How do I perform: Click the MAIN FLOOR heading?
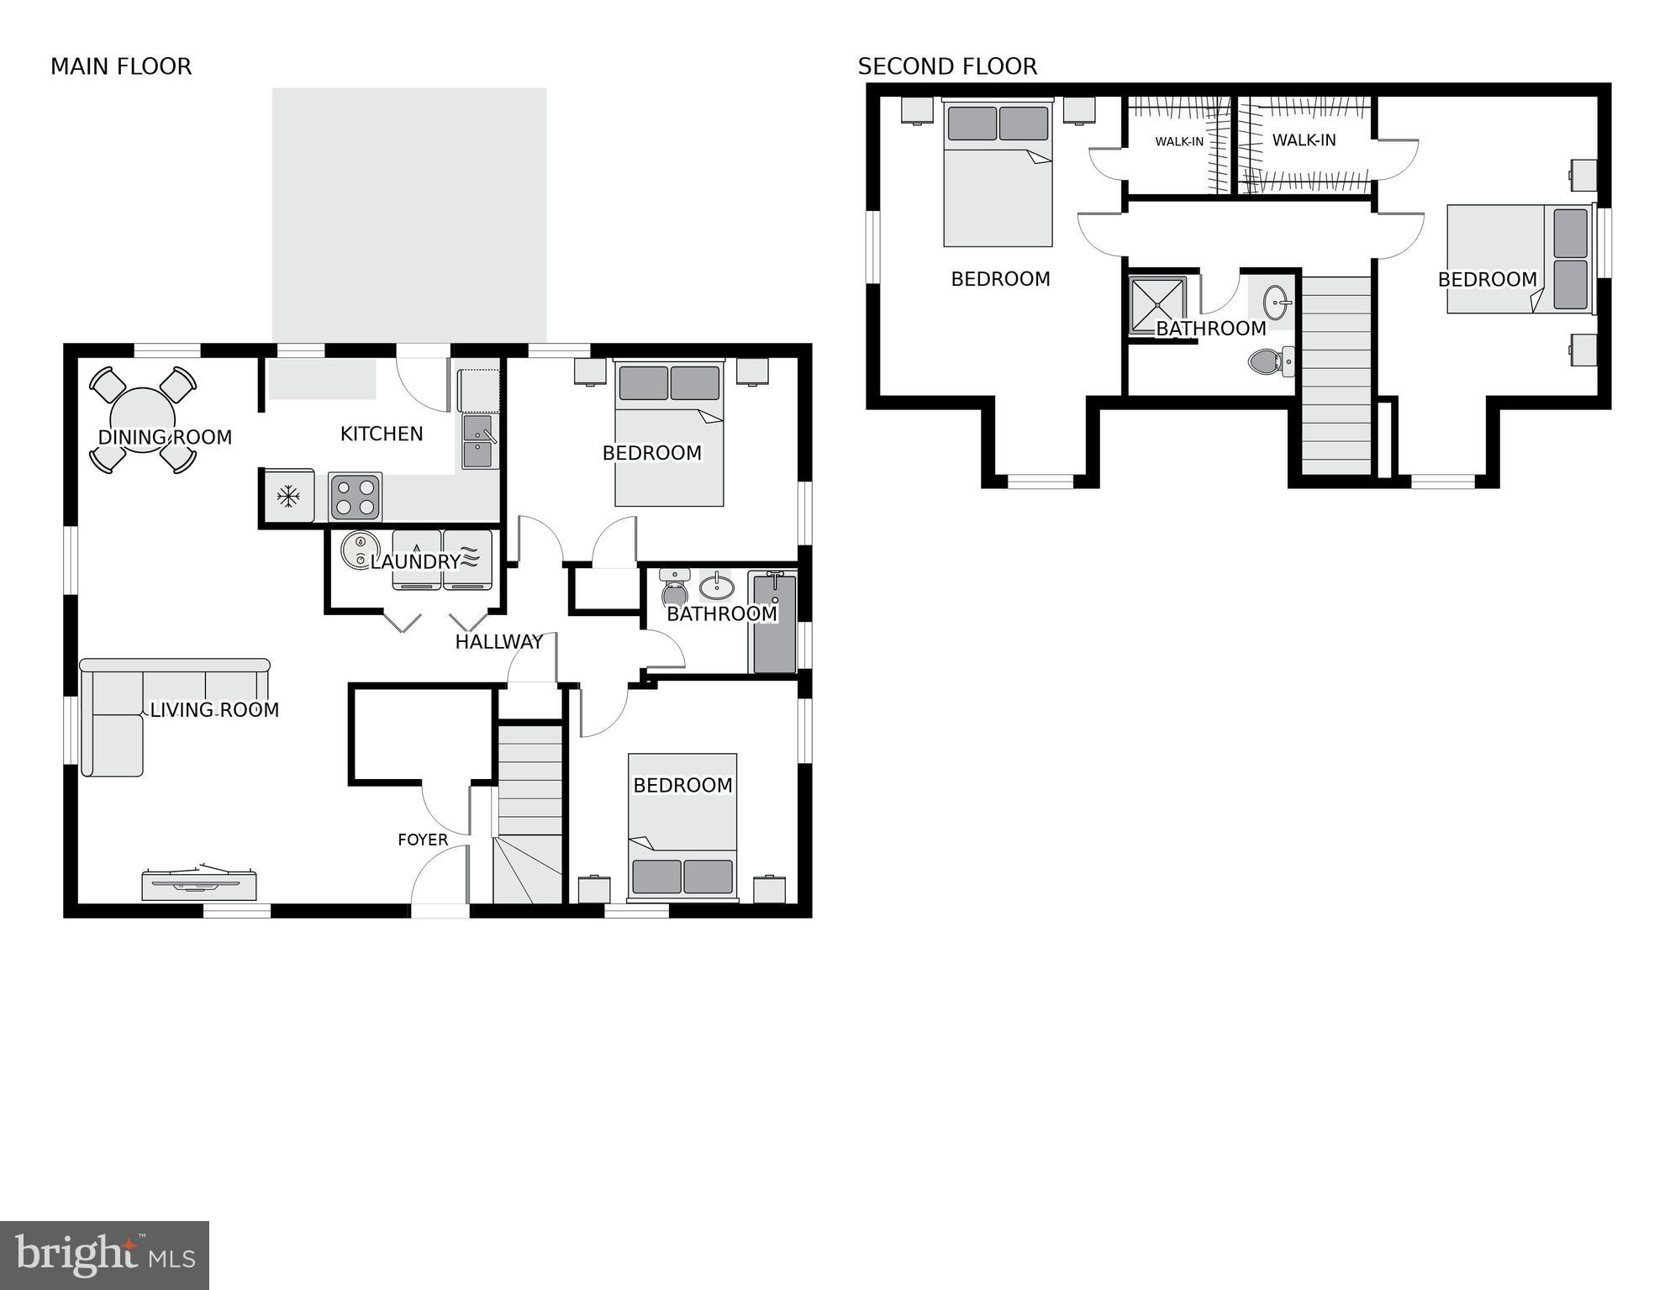coord(121,66)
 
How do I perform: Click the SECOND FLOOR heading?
coord(947,66)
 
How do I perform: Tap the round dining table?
coord(143,419)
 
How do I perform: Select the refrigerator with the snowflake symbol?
coord(288,496)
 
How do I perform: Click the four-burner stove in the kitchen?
coord(355,496)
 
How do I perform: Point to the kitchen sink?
coord(479,442)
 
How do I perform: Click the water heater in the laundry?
coord(359,551)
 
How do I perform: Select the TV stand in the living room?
coord(199,884)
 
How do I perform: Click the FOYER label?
coord(423,840)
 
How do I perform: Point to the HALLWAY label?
coord(499,642)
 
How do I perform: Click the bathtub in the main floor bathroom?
coord(774,624)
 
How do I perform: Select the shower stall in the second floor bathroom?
coord(1157,305)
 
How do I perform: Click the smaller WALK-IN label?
coord(1179,141)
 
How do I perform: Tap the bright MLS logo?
coord(105,1256)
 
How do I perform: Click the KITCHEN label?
coord(382,434)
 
